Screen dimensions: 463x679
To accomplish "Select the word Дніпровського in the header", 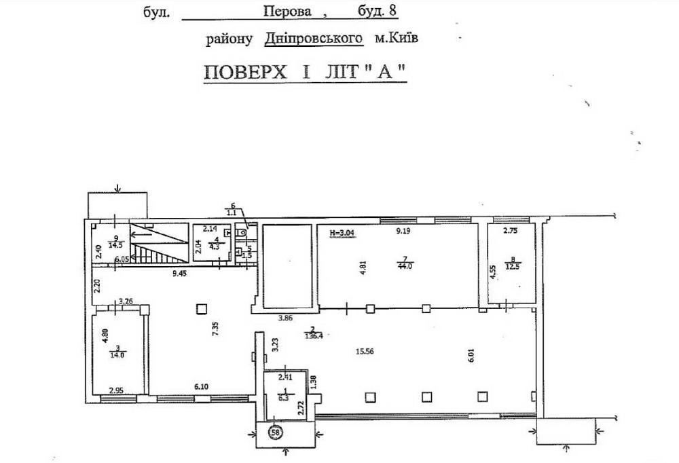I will click(x=312, y=39).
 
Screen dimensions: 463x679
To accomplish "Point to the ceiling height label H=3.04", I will click(x=341, y=233).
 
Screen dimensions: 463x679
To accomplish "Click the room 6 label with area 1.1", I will click(x=232, y=210).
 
